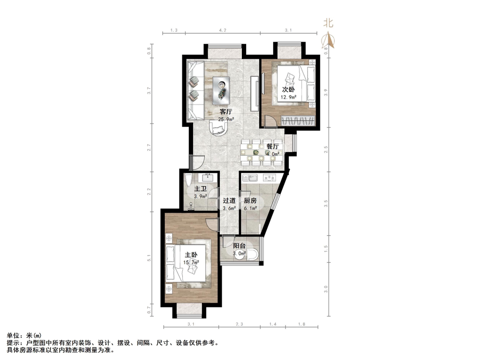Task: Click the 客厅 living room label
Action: coord(225,112)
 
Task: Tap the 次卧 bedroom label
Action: coord(288,90)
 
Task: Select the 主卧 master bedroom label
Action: coord(191,255)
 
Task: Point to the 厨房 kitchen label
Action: coord(250,201)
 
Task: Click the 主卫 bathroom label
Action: coord(201,189)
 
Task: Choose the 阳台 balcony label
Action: coord(240,246)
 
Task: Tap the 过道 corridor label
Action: coord(229,201)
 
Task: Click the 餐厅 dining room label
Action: coord(272,146)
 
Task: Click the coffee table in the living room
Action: coord(221,88)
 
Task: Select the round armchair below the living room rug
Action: coord(218,127)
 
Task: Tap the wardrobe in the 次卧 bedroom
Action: coord(298,120)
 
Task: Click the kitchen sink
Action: coord(250,178)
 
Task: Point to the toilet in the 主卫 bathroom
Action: coord(188,180)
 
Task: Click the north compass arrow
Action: coord(328,40)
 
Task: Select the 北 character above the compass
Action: coord(329,23)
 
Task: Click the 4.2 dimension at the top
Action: coord(223,30)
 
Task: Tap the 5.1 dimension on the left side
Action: coord(149,258)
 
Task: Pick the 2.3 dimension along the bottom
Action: coord(240,324)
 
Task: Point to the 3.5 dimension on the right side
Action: coord(326,203)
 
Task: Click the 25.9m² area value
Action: coord(226,120)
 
